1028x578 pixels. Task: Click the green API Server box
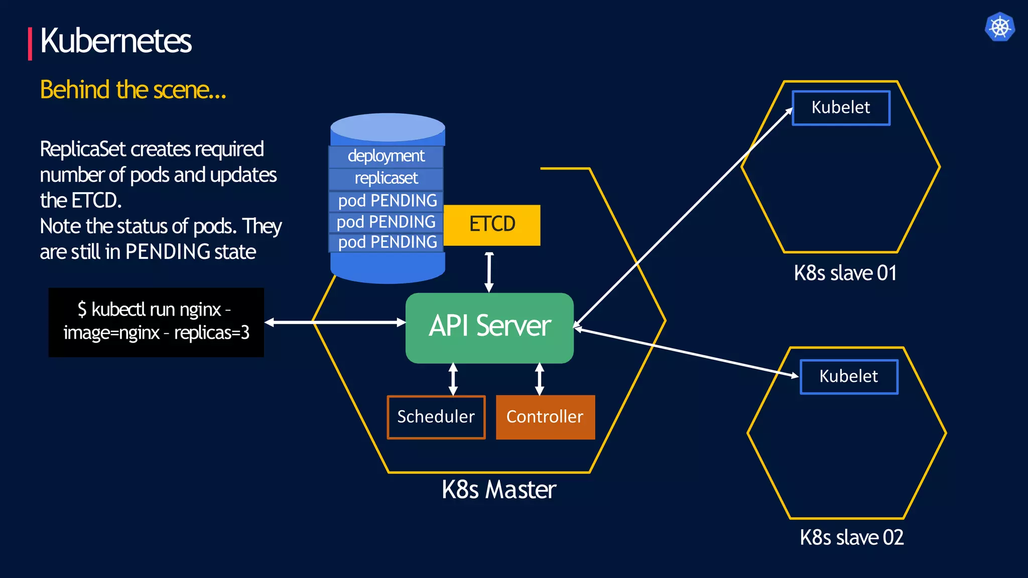pyautogui.click(x=489, y=327)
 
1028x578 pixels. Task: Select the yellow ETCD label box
pyautogui.click(x=492, y=224)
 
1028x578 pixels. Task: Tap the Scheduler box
pyautogui.click(x=436, y=417)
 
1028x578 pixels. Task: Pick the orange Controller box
pyautogui.click(x=545, y=417)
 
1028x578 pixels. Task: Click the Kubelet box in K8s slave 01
pyautogui.click(x=841, y=107)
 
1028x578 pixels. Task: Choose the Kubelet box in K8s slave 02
pyautogui.click(x=849, y=376)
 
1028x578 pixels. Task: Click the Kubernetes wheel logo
pyautogui.click(x=1000, y=27)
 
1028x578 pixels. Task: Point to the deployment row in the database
pyautogui.click(x=386, y=156)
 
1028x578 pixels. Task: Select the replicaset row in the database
pyautogui.click(x=386, y=178)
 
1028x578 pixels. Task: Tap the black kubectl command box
pyautogui.click(x=156, y=322)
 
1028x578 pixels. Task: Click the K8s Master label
pyautogui.click(x=499, y=490)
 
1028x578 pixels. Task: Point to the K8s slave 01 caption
pyautogui.click(x=845, y=273)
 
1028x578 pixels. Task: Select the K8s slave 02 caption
pyautogui.click(x=852, y=538)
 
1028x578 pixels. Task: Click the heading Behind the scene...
pyautogui.click(x=133, y=90)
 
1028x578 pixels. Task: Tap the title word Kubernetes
pyautogui.click(x=116, y=41)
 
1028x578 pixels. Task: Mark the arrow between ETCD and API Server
pyautogui.click(x=489, y=271)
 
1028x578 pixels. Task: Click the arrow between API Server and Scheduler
pyautogui.click(x=453, y=379)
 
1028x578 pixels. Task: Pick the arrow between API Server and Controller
pyautogui.click(x=540, y=379)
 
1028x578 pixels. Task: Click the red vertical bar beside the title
pyautogui.click(x=30, y=44)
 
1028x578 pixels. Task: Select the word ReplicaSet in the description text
pyautogui.click(x=82, y=149)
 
